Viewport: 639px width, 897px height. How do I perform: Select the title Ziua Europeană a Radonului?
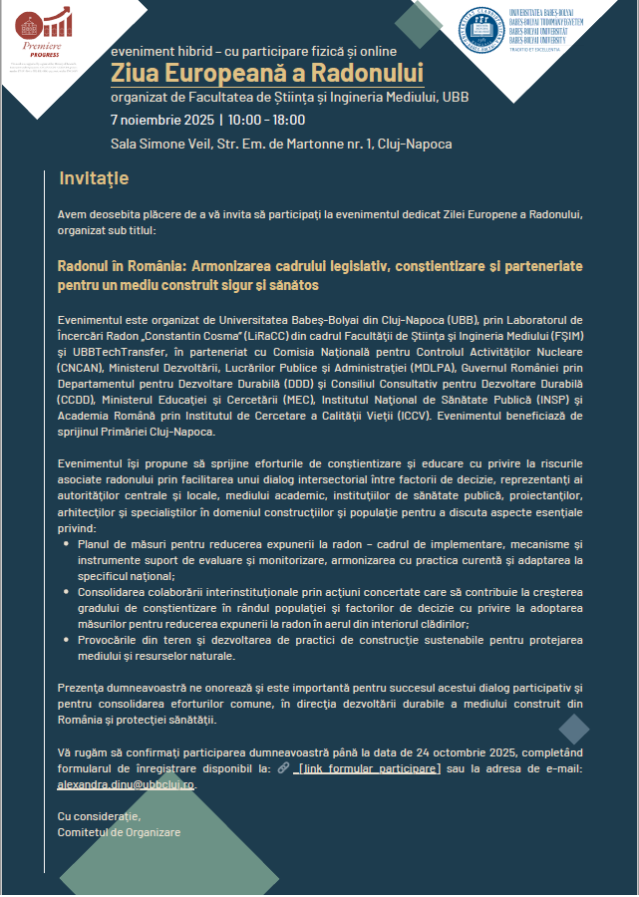point(266,73)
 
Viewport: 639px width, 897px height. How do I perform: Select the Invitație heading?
point(94,178)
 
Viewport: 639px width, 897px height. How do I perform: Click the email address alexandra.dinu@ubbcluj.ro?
point(127,785)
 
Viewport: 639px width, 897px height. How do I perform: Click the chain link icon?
point(284,768)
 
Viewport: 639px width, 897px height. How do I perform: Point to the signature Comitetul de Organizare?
point(120,832)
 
